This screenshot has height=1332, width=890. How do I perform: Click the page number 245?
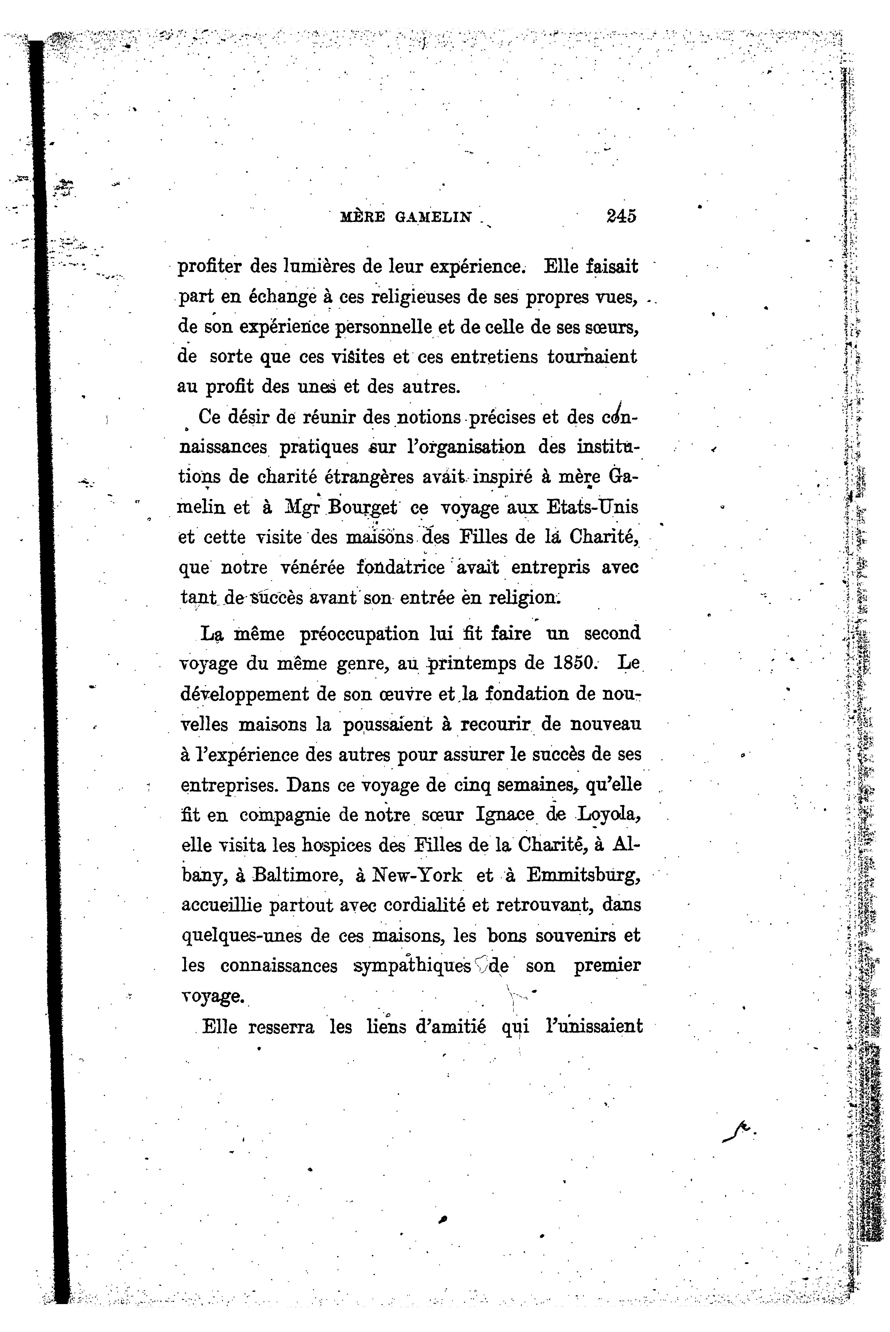click(x=621, y=216)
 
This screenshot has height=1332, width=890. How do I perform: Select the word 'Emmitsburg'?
click(x=583, y=875)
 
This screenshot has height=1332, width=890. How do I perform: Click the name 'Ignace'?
click(x=505, y=815)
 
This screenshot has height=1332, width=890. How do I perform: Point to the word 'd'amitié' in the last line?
click(x=451, y=1027)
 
